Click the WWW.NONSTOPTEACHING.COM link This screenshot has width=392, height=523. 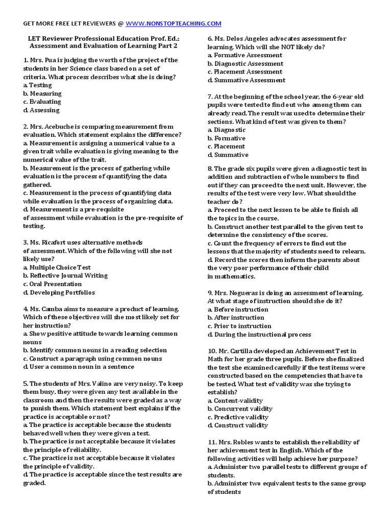click(173, 23)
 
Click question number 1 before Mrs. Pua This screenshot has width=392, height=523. click(26, 60)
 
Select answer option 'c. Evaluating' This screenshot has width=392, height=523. click(42, 102)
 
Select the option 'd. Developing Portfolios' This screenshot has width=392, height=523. click(59, 293)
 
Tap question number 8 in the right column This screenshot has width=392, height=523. click(210, 169)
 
